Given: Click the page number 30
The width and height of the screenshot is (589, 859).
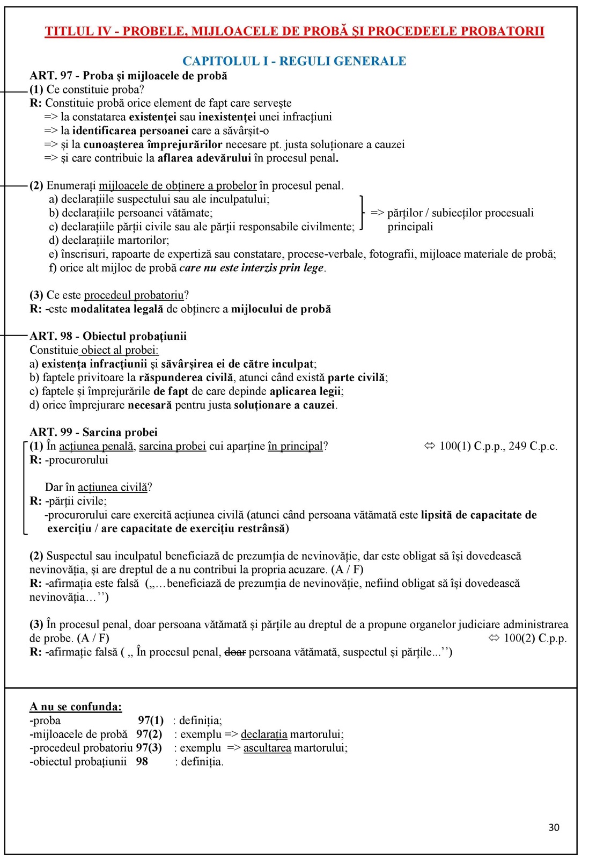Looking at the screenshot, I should coord(554,827).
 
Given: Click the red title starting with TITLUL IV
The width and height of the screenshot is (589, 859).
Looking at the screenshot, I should coord(294,31).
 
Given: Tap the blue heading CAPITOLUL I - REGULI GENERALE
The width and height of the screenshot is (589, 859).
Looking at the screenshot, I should coord(294,61).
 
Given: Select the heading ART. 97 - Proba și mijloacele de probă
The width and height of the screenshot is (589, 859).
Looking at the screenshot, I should coord(128,76).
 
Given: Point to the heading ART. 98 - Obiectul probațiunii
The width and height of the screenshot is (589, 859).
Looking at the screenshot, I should coord(108,336).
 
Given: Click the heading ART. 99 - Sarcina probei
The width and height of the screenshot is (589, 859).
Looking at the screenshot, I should coord(94,432).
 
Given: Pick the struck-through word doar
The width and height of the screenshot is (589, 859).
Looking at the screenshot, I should coord(235,652).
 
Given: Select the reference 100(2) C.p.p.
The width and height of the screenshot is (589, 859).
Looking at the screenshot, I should coord(535,638).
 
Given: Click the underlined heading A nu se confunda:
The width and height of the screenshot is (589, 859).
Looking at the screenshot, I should coord(76,707).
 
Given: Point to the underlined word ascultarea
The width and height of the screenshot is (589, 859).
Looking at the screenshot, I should coord(267,748).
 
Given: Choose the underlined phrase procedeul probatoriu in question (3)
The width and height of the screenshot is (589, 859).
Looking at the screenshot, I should coord(134,295).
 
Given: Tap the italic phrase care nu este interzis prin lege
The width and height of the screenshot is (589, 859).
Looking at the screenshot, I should coord(251,268).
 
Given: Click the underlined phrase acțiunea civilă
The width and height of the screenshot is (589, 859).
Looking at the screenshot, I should coord(112,487).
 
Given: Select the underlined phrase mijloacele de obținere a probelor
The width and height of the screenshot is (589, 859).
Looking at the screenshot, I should coord(178,186).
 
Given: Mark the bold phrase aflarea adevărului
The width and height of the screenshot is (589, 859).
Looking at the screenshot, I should coord(204,158).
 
